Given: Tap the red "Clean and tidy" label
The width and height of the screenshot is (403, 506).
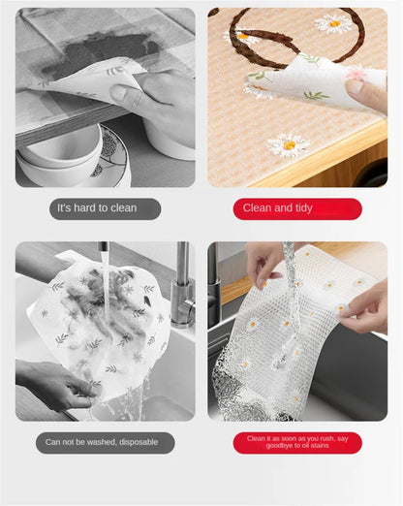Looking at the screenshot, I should point(297,208).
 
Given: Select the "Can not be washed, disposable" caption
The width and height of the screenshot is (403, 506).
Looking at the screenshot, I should point(105,443).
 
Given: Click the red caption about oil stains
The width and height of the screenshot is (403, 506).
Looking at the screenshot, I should point(297,443).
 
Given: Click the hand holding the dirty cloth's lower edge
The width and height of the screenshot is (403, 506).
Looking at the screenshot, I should point(53,383).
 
